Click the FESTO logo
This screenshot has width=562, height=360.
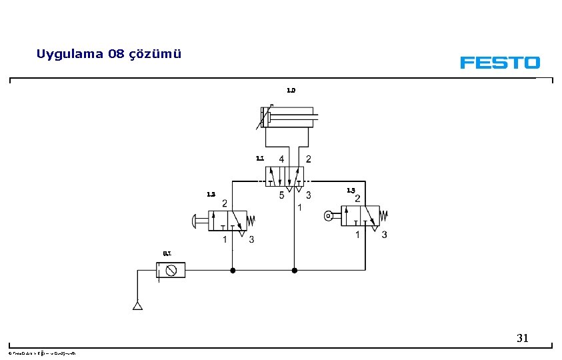(499, 63)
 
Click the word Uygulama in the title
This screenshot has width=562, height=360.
(69, 54)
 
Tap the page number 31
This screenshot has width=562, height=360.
(523, 339)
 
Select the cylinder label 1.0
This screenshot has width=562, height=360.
(291, 90)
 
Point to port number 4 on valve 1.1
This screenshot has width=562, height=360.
(281, 159)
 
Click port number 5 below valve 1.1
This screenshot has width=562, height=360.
(281, 195)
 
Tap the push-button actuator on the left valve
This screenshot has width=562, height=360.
(199, 219)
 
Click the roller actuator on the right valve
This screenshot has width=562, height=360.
(331, 215)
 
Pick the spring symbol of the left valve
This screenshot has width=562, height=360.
(252, 219)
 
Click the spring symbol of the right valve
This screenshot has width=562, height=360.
(384, 215)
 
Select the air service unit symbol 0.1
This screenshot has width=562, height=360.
(171, 270)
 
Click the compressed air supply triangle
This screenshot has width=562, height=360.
(137, 306)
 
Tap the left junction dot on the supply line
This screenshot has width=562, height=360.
(232, 270)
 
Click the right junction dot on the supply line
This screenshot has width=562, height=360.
(295, 270)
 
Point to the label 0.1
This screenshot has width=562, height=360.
(167, 253)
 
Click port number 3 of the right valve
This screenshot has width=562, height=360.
(384, 235)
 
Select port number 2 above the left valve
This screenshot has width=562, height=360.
(225, 203)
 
